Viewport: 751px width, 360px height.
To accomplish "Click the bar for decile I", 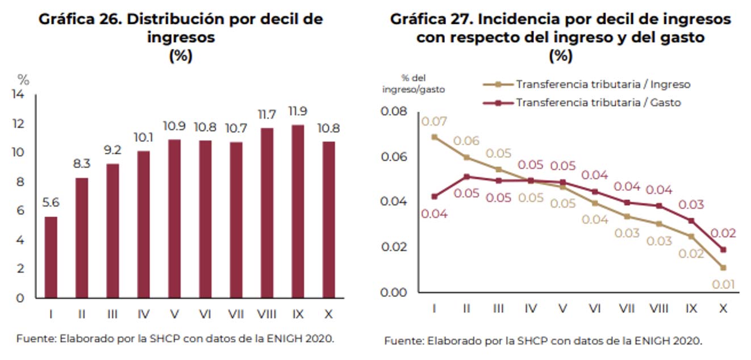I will point(51,257).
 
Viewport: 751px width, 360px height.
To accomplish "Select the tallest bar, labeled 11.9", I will point(298,211).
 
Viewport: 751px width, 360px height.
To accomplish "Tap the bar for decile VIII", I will point(266,213).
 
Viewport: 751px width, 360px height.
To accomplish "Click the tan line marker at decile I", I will point(434,137).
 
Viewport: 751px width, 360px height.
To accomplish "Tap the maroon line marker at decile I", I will point(434,196).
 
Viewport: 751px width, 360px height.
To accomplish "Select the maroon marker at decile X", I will point(723,249).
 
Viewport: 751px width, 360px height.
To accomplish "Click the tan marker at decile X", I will point(723,267).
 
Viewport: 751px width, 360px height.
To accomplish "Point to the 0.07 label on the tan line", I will point(434,121).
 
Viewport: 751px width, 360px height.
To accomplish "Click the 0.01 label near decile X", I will point(724,284).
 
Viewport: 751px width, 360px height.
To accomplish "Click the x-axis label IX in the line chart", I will point(691,308).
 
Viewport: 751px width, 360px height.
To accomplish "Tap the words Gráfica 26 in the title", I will point(79,19).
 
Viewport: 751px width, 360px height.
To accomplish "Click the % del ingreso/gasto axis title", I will point(413,83).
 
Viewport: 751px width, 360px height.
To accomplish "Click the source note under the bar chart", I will point(175,339).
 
